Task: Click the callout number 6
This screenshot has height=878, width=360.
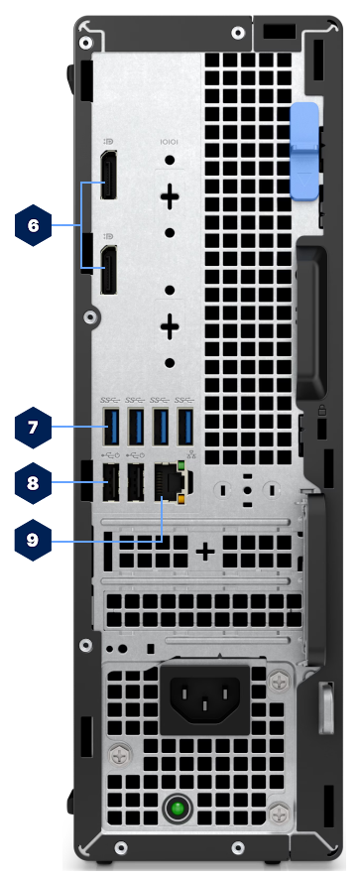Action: (x=33, y=226)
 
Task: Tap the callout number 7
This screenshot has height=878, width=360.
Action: (x=33, y=428)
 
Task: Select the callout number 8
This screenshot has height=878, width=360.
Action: (x=33, y=484)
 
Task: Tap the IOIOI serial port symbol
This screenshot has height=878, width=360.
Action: (x=170, y=144)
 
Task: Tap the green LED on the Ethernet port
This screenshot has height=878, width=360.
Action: (x=180, y=464)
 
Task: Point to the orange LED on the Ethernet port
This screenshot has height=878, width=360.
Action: (x=180, y=501)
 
